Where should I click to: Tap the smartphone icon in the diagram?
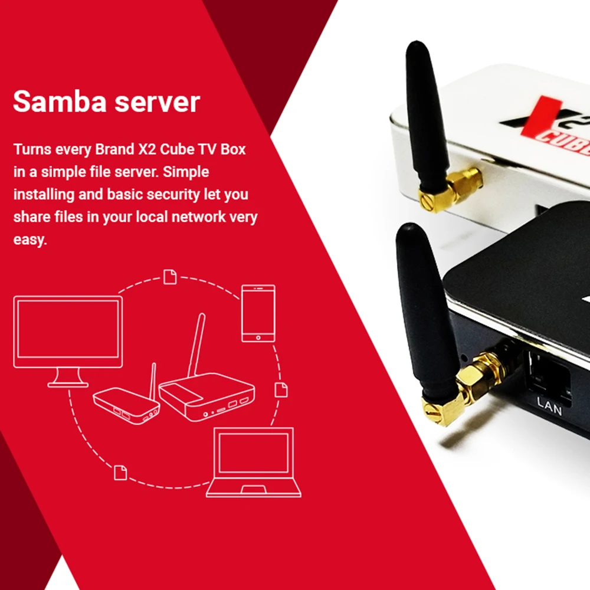click(258, 313)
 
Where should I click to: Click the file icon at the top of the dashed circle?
click(170, 276)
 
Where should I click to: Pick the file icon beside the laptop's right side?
click(281, 389)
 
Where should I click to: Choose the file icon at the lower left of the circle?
click(120, 471)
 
